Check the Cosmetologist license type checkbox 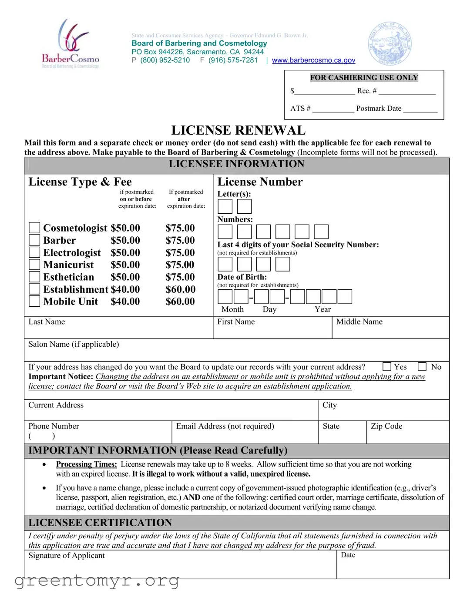pos(34,228)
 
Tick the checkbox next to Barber pos(34,240)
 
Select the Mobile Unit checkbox pos(34,301)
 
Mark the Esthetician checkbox pos(34,277)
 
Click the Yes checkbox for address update pos(387,367)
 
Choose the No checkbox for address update pos(422,367)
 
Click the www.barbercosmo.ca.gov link pos(313,60)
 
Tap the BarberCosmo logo pos(71,44)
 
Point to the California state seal pos(390,44)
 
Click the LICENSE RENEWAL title pos(238,130)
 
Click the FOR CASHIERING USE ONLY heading pos(364,77)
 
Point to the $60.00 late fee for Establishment pos(180,289)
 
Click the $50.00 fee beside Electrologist pos(125,252)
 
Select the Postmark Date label pos(379,108)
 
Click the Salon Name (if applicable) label pos(74,344)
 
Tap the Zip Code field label pos(386,426)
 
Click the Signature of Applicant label pos(67,556)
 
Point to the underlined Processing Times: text pos(86,464)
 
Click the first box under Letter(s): pos(225,206)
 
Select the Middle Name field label pos(359,321)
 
